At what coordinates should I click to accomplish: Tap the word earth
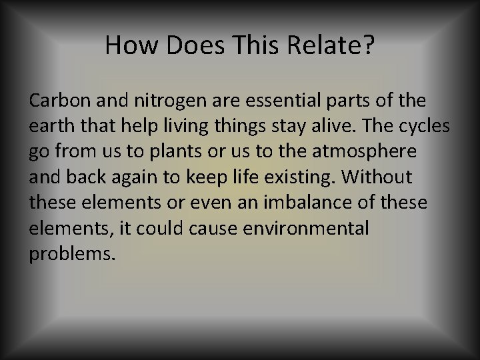tap(51, 126)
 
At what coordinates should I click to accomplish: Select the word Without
tap(382, 178)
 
